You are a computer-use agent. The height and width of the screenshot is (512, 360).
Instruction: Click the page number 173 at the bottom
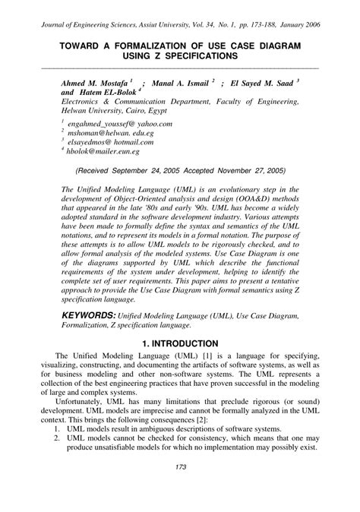[180, 488]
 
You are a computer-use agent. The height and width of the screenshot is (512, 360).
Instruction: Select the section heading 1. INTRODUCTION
[180, 343]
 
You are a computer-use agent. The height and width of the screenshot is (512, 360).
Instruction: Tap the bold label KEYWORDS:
[88, 314]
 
